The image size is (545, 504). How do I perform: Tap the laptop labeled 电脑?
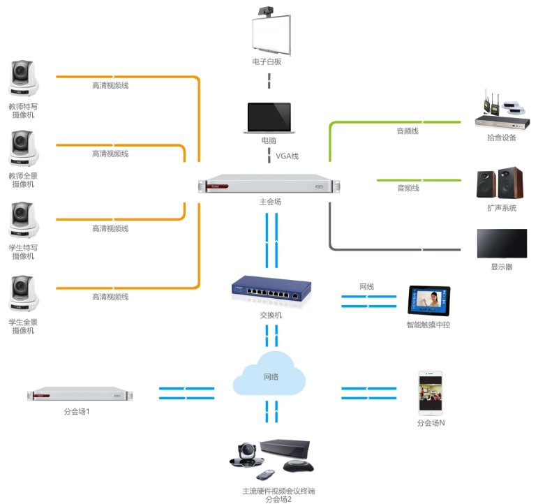coord(267,117)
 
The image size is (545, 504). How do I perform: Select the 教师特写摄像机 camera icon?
coord(24,77)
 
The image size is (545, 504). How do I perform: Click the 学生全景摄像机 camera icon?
coord(24,294)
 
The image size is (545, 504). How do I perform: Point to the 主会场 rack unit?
coord(269,186)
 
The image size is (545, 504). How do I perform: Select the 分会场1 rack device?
coord(80,394)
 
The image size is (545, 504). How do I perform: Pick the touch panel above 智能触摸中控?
coord(428,301)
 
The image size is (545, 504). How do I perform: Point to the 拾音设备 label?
coord(501,138)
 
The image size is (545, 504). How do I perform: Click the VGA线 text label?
coord(287,156)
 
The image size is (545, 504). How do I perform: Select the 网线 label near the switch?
coord(367,286)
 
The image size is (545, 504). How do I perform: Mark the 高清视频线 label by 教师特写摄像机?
coord(110,86)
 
